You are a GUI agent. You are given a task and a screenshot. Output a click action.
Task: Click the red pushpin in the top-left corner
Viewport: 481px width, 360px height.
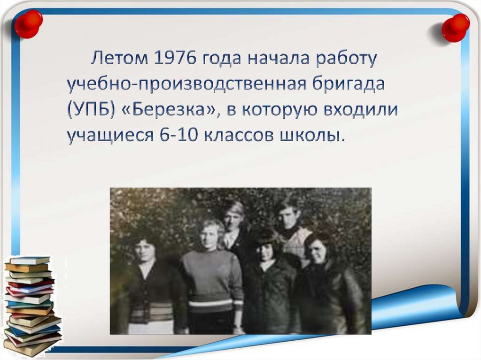[x=28, y=23]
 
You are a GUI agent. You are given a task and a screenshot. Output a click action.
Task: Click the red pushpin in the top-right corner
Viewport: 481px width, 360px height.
[x=455, y=27]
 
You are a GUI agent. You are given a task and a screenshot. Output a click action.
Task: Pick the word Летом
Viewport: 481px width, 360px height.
[x=118, y=59]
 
